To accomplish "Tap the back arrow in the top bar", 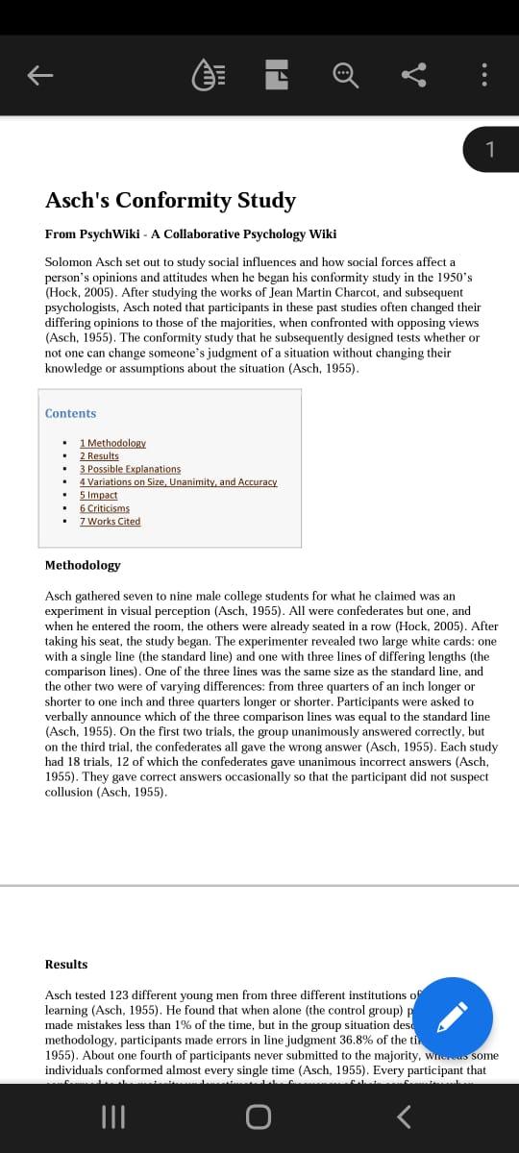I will point(39,75).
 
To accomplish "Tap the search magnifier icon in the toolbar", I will point(345,75).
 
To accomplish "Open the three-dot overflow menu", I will point(483,75).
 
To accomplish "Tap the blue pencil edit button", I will point(456,1016).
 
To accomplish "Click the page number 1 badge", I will point(490,149).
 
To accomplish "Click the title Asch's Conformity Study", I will point(170,200).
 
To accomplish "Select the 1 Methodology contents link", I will point(112,443).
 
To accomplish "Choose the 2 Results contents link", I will point(99,455).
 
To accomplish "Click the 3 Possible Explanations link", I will point(130,469).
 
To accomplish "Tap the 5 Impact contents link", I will point(98,495).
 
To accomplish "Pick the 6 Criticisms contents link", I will point(104,508).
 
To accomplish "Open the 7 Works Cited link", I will point(110,522).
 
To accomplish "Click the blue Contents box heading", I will point(70,413).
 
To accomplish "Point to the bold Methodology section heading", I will point(83,565).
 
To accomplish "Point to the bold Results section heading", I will point(66,964).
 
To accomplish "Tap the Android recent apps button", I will point(113,1116).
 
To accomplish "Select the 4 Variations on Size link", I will point(178,481).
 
